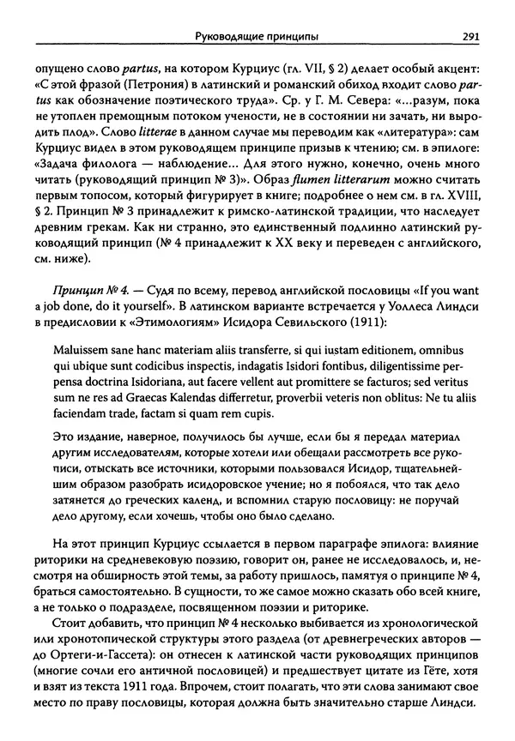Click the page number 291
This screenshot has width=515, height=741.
[x=470, y=36]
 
